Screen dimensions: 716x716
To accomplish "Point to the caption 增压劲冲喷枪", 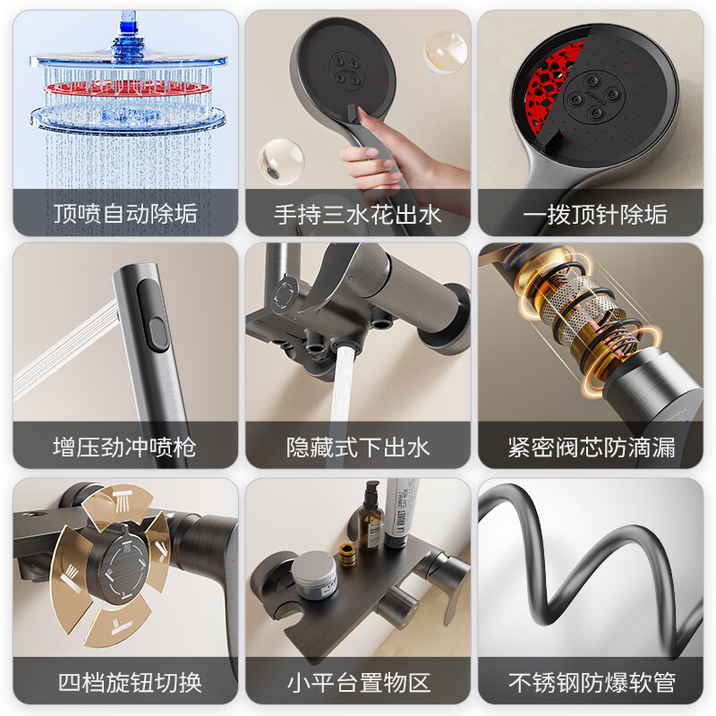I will coord(125,447).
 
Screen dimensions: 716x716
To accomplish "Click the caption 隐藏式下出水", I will coord(358,447).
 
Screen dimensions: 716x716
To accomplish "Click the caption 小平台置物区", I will coord(358,683).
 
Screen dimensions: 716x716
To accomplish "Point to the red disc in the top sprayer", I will coord(126,88).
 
